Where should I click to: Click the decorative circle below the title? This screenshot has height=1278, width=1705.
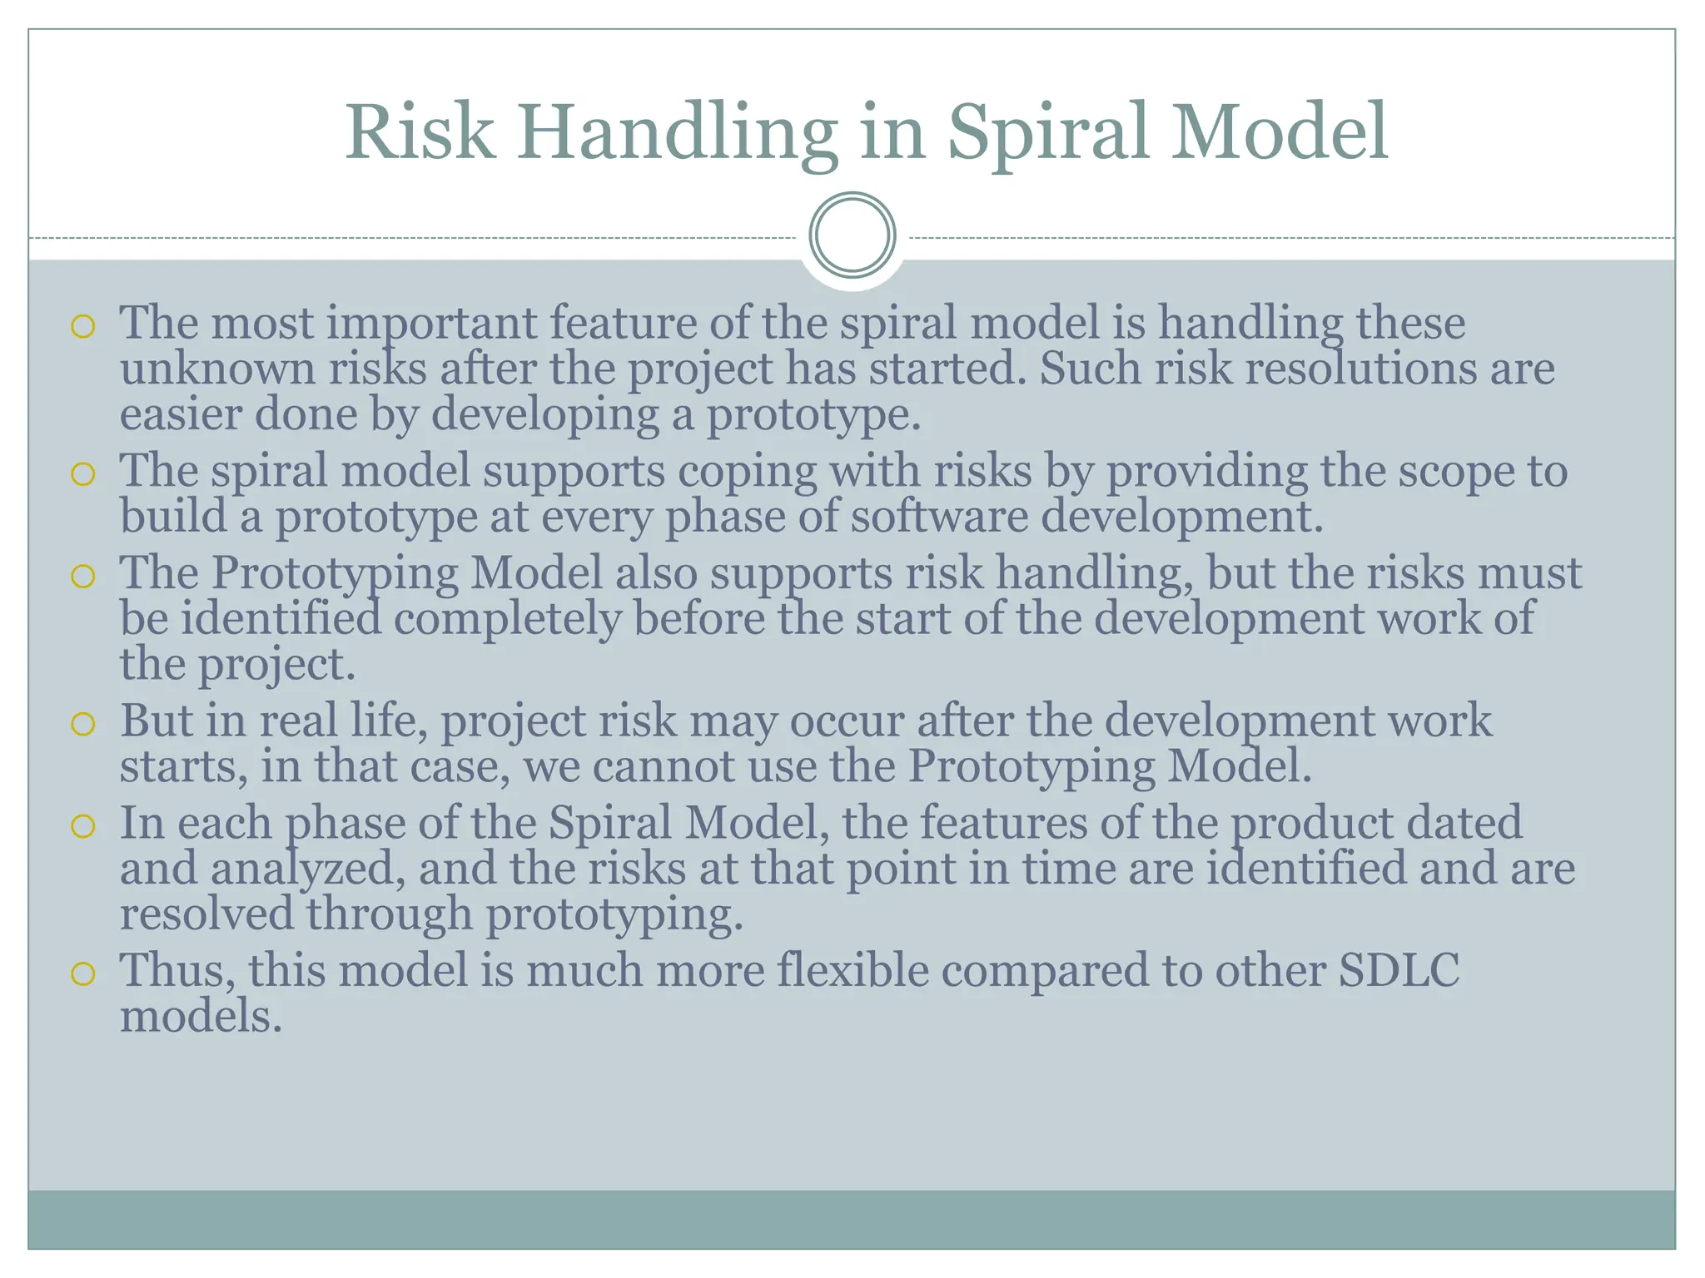point(852,235)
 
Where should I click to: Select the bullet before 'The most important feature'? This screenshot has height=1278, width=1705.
point(82,327)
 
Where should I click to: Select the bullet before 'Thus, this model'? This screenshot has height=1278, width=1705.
point(82,973)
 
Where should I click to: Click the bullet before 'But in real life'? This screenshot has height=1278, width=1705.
point(82,725)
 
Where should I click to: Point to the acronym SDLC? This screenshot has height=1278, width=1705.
point(1399,970)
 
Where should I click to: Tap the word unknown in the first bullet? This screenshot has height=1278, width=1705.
point(216,369)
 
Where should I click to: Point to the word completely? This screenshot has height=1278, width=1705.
point(507,620)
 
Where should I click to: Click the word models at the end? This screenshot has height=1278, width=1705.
point(201,1017)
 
